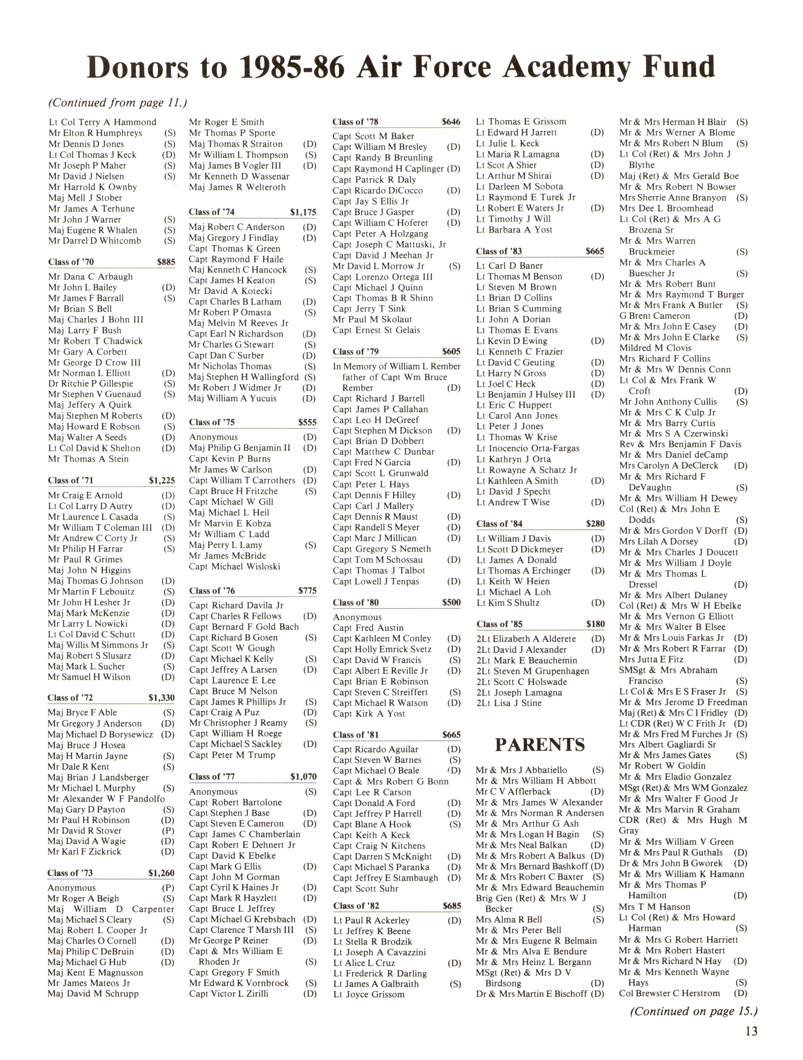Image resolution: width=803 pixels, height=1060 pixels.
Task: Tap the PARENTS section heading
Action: tap(540, 745)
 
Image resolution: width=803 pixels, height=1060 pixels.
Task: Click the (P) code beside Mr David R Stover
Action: tap(168, 830)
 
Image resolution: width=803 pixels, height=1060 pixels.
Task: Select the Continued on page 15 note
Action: tap(693, 1011)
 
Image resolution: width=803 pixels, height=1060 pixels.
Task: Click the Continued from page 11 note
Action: tap(117, 102)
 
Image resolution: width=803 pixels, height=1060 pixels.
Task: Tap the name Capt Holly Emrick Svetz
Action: tap(382, 649)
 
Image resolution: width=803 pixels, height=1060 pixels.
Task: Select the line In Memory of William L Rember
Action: tap(396, 366)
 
